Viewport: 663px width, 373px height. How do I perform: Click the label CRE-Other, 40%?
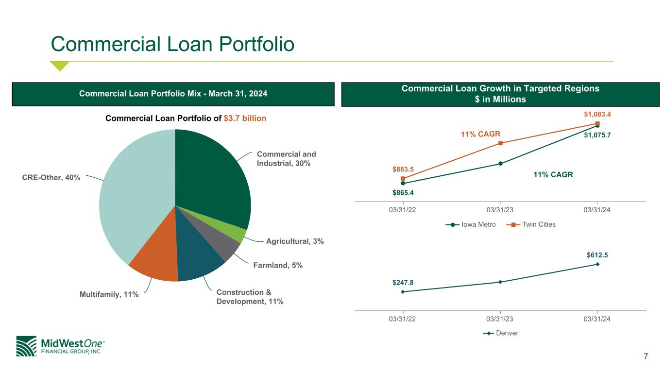[x=51, y=177]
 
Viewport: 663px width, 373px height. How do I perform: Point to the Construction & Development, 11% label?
[x=250, y=297]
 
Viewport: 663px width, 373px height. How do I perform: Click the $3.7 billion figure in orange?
[x=245, y=119]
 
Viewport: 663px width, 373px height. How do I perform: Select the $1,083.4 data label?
[x=597, y=114]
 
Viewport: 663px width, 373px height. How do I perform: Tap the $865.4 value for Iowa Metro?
[x=403, y=193]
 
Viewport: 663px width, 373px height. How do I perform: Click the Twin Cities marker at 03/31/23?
[x=500, y=143]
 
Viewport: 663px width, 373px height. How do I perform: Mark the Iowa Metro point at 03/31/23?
[x=500, y=163]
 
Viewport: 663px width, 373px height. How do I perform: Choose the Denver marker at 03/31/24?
[x=597, y=264]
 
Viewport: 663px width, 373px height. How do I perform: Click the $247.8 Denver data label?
[x=403, y=282]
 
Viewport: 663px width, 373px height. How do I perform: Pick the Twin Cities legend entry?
[x=531, y=225]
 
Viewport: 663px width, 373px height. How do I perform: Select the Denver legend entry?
[x=501, y=333]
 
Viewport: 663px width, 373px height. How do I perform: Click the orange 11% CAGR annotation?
[x=480, y=134]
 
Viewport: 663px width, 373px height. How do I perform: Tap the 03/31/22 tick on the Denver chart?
[x=402, y=319]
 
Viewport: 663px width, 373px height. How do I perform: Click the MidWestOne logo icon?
[x=26, y=346]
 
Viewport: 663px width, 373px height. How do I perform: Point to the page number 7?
[x=646, y=356]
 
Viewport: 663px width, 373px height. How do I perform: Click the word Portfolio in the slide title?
[x=256, y=44]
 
